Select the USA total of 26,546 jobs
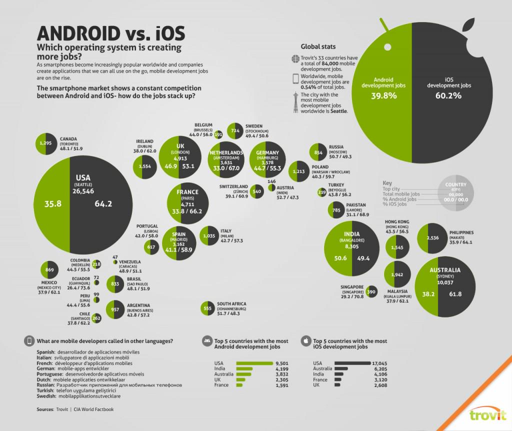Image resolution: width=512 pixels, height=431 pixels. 83,190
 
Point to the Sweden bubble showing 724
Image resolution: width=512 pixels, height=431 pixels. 235,131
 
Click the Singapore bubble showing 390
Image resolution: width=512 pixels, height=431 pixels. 371,292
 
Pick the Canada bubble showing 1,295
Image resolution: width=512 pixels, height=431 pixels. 45,143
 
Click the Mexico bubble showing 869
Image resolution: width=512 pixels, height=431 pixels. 49,270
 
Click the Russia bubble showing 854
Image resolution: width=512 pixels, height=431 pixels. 318,152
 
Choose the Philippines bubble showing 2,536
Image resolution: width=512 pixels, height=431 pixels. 433,238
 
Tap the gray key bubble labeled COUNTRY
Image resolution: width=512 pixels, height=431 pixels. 455,194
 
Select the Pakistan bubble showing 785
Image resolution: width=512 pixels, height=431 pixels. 337,210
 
